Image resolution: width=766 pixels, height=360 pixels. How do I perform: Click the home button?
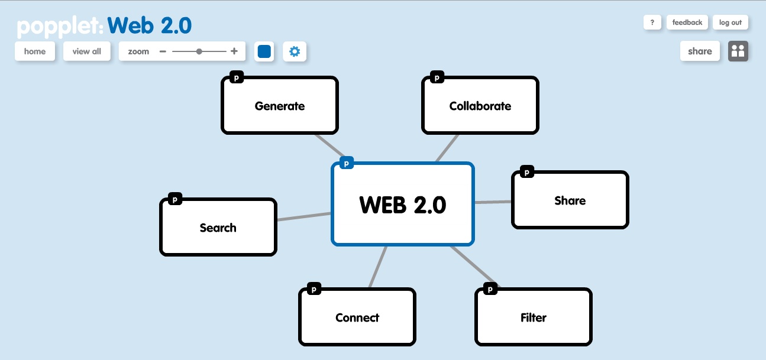[x=35, y=51]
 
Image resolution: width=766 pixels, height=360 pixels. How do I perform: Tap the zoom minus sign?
[x=163, y=51]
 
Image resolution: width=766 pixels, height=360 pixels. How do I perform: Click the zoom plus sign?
[x=234, y=51]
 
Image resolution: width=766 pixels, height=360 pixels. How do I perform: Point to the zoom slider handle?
[x=199, y=51]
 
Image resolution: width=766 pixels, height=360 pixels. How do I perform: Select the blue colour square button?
[x=264, y=51]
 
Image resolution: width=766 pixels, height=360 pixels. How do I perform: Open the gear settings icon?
[x=295, y=51]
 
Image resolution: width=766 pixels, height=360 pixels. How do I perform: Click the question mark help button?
[x=652, y=22]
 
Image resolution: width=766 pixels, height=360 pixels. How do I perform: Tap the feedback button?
[x=687, y=22]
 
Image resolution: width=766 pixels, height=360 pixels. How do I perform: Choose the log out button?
[x=731, y=22]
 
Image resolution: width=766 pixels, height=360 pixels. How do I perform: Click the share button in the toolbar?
[x=700, y=51]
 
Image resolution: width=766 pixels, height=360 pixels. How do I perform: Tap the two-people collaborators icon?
[x=738, y=51]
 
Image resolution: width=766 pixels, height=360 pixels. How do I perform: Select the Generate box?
[x=280, y=106]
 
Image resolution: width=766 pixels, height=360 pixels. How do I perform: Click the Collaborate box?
[x=480, y=106]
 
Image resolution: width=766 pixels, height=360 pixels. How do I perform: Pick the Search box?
[x=218, y=228]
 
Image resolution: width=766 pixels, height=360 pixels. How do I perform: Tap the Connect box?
[x=357, y=318]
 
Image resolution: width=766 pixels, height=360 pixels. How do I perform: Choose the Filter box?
[x=533, y=318]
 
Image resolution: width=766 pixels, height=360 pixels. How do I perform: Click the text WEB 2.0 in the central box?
[x=403, y=205]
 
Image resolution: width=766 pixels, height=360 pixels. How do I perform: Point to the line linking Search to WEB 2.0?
[x=303, y=217]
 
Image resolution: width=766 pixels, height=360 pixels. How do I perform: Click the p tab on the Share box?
[x=526, y=172]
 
